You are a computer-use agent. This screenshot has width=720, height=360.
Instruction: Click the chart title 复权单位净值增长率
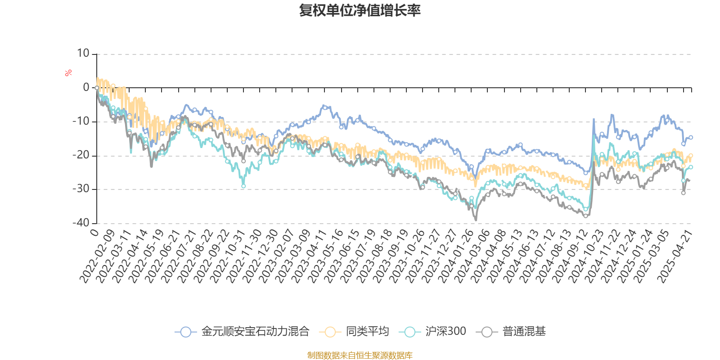(x=360, y=10)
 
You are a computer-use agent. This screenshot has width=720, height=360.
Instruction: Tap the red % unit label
(x=68, y=73)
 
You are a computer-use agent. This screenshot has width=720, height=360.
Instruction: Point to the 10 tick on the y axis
(x=83, y=54)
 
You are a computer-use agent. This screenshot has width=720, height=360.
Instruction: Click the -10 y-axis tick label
(x=81, y=121)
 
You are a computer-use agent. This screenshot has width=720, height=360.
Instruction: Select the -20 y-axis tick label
(x=81, y=155)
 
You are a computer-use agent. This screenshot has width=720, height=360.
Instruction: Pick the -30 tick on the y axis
(x=81, y=189)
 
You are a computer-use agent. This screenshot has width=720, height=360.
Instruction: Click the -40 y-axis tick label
(x=81, y=223)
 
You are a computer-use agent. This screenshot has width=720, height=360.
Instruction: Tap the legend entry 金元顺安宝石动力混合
(x=255, y=332)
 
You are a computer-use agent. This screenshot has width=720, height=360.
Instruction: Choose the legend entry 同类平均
(x=367, y=332)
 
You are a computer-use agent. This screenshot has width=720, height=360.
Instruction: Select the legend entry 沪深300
(x=445, y=332)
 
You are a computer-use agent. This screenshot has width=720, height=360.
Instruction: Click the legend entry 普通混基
(x=524, y=332)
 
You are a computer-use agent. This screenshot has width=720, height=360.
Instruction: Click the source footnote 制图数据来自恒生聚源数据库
(x=360, y=355)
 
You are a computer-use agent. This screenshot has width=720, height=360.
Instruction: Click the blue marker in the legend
(x=185, y=332)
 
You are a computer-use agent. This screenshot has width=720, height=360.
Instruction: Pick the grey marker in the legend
(x=487, y=332)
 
